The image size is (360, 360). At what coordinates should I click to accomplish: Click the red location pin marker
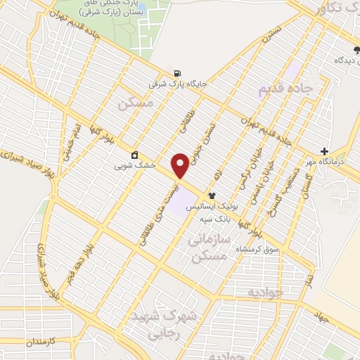[x=181, y=165]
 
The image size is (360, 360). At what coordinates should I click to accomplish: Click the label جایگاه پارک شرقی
[x=177, y=83]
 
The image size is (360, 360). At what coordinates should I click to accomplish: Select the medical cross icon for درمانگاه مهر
[x=324, y=151]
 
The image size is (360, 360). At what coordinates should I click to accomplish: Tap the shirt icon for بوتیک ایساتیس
[x=211, y=195]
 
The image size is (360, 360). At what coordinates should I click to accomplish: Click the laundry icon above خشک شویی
[x=135, y=155]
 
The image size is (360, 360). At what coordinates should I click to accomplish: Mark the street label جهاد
[x=322, y=318]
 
